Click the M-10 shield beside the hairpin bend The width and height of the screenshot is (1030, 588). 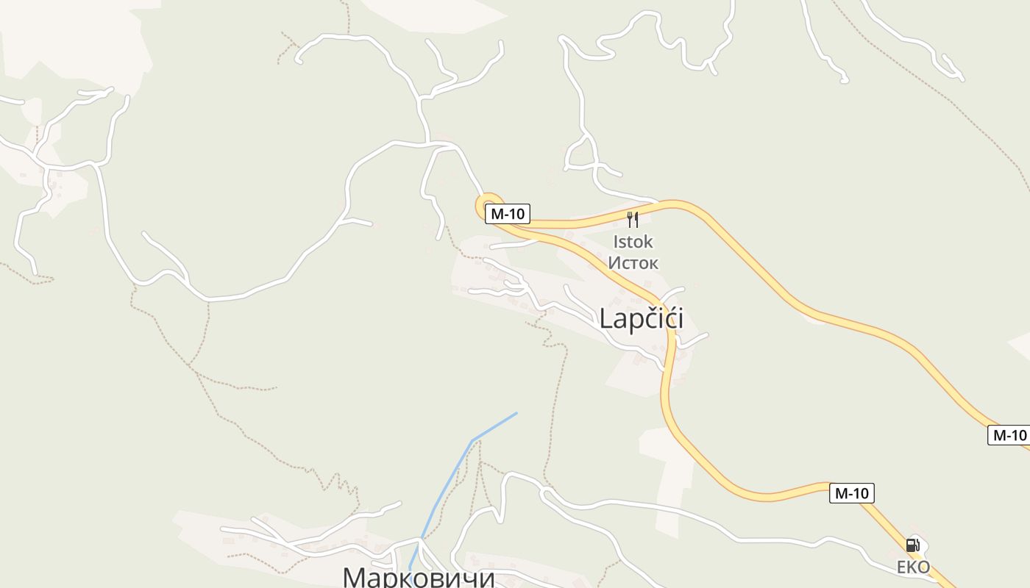[x=507, y=214]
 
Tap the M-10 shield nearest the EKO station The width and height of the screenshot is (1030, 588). [x=852, y=493]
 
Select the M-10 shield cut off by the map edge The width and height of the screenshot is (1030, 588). [x=1009, y=435]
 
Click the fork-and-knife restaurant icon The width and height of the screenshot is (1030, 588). [x=632, y=219]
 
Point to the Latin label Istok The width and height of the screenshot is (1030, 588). [x=633, y=242]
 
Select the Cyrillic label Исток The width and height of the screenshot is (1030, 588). [x=633, y=262]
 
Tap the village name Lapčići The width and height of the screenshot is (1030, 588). [x=641, y=319]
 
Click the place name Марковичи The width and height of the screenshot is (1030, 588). [x=419, y=577]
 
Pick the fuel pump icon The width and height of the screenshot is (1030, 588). [x=912, y=545]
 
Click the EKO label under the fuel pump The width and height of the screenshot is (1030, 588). [x=913, y=567]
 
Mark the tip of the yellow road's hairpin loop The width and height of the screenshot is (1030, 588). [x=480, y=204]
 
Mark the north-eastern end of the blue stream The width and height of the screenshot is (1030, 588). [x=516, y=413]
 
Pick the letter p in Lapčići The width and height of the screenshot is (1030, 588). [x=636, y=320]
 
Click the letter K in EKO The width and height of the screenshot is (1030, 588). [x=912, y=567]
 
